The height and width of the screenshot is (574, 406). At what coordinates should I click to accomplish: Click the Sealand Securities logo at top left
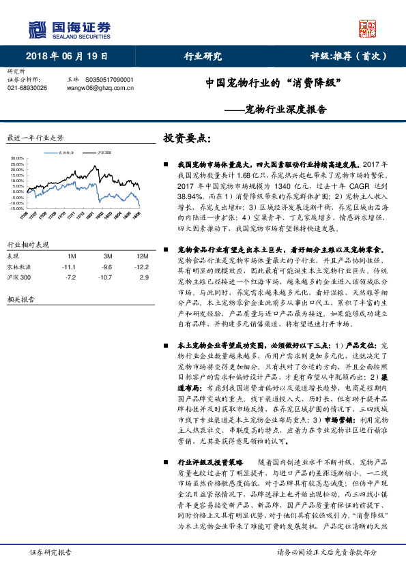(x=69, y=28)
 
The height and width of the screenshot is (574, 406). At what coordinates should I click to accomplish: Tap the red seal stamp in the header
(x=367, y=28)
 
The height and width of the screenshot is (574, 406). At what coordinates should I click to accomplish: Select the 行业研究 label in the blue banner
(x=203, y=57)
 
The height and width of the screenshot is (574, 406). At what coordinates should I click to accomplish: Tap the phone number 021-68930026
(x=27, y=88)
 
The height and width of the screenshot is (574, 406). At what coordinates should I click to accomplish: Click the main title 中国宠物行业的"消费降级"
(x=274, y=84)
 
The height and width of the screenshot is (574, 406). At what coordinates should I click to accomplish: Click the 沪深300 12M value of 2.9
(x=143, y=278)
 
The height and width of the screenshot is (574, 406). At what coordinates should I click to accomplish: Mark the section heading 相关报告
(x=19, y=299)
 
